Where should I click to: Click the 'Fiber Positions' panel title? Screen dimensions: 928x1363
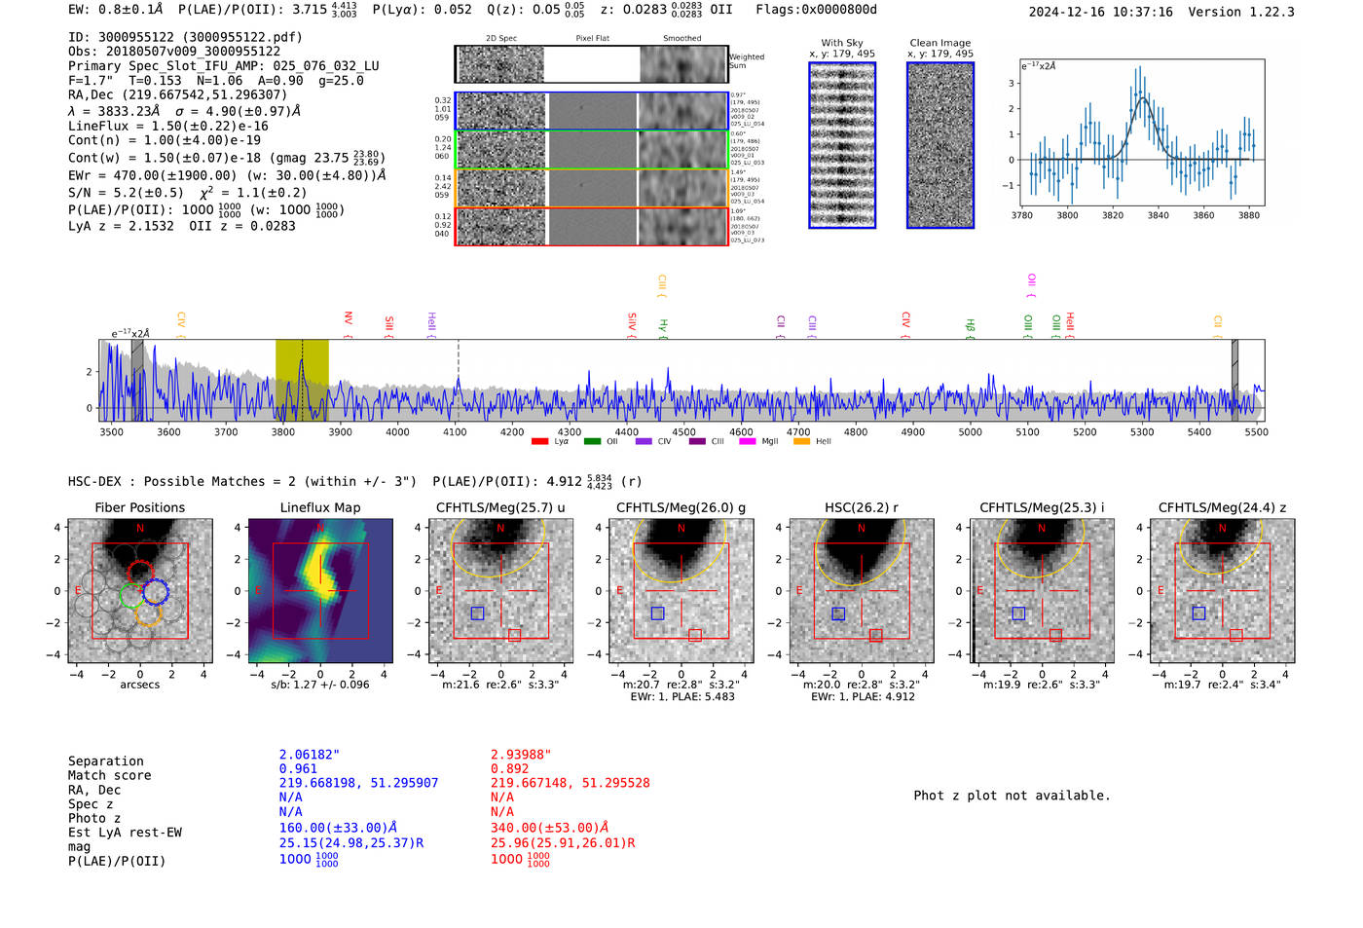click(139, 507)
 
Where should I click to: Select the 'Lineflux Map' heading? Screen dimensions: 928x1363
click(319, 507)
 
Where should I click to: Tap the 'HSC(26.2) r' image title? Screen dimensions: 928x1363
click(861, 507)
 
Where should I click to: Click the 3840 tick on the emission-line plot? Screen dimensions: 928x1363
click(1158, 215)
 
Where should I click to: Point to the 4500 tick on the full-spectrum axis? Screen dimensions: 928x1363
click(683, 431)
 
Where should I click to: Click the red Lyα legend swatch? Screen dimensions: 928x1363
click(539, 441)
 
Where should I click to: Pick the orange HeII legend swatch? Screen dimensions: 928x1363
click(801, 441)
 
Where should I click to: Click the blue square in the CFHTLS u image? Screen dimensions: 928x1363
click(477, 613)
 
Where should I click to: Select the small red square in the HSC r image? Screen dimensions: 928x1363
click(875, 635)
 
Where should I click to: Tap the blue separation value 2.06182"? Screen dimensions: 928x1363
click(310, 755)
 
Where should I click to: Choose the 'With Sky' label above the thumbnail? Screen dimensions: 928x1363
click(842, 43)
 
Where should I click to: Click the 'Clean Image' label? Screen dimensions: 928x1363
click(939, 43)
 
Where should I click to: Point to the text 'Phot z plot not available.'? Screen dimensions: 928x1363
click(1012, 796)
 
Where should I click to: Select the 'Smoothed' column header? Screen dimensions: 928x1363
click(681, 39)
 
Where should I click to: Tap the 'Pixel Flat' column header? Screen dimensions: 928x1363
click(592, 39)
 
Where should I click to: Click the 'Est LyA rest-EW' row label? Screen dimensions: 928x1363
click(125, 833)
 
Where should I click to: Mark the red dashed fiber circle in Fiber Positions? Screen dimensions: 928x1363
click(140, 573)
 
